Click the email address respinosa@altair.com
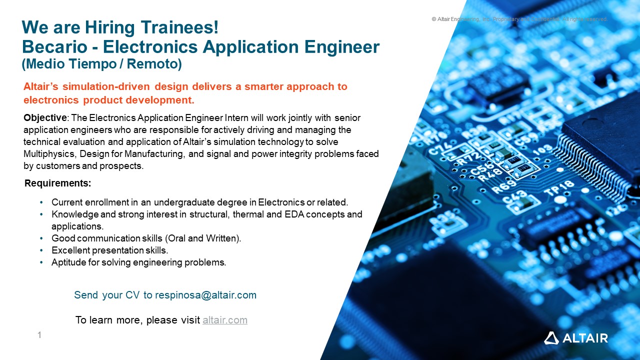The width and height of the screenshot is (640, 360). (205, 295)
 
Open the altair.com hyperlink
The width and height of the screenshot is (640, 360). (224, 320)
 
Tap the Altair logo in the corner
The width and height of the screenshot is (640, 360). (575, 338)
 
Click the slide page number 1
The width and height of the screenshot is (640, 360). (39, 335)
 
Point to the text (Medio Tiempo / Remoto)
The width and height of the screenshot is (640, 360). (101, 64)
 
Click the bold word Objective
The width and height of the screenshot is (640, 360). (45, 118)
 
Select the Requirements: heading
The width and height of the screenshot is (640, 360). (58, 183)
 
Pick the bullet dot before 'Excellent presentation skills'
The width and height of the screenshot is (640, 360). (41, 250)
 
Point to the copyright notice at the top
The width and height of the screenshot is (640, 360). (519, 19)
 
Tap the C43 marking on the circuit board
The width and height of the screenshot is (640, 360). (514, 198)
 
